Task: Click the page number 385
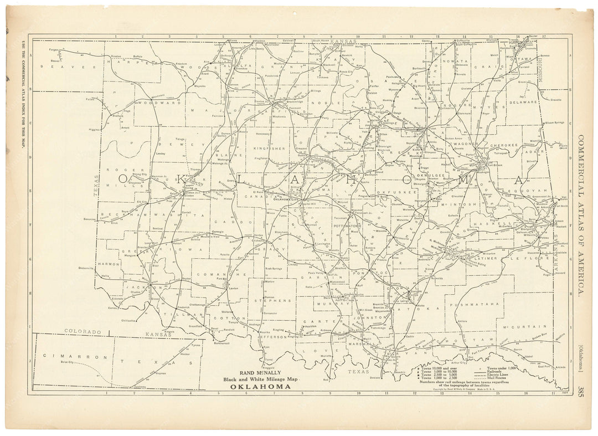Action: point(580,391)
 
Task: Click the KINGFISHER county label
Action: point(269,148)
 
